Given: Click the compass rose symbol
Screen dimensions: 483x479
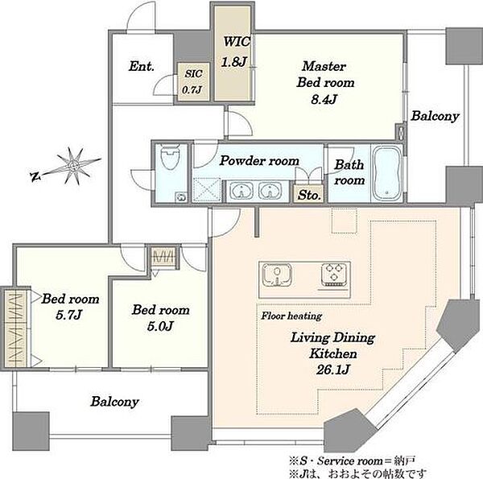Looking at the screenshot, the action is (73, 167).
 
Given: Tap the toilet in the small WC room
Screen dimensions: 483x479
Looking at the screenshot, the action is (170, 158).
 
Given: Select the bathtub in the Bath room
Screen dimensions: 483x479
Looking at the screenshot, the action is (387, 174).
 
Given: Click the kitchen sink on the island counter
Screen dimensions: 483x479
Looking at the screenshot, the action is (277, 275).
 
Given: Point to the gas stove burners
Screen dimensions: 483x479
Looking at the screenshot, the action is (334, 275).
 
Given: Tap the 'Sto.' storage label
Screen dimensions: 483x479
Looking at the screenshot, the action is (309, 195).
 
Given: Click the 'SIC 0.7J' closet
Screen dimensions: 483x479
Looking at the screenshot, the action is (193, 82).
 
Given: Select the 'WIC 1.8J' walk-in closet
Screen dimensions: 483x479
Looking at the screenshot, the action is (234, 53).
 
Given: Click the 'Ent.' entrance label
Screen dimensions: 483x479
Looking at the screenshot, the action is (142, 67).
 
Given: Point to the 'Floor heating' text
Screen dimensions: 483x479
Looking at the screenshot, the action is (291, 316).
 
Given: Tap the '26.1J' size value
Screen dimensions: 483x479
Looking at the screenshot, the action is (333, 370).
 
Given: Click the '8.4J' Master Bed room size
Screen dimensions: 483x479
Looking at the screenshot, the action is (324, 99).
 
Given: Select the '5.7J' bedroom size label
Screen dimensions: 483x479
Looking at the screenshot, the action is (69, 315).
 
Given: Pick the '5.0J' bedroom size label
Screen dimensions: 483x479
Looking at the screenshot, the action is (160, 326).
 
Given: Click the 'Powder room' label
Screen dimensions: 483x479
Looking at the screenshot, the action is (259, 160).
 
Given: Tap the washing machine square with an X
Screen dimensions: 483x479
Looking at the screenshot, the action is (207, 190).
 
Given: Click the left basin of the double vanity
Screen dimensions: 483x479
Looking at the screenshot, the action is (242, 191).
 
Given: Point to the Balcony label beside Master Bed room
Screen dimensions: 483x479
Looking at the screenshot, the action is (435, 116).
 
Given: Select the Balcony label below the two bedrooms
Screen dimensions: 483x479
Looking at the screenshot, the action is (114, 402).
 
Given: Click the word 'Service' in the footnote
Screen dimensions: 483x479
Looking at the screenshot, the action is (336, 461).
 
